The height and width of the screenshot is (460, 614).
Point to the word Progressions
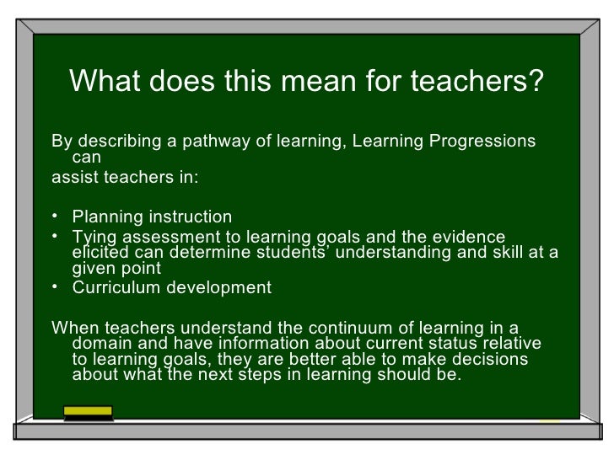click(482, 140)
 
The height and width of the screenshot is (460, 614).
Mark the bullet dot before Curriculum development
click(56, 288)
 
